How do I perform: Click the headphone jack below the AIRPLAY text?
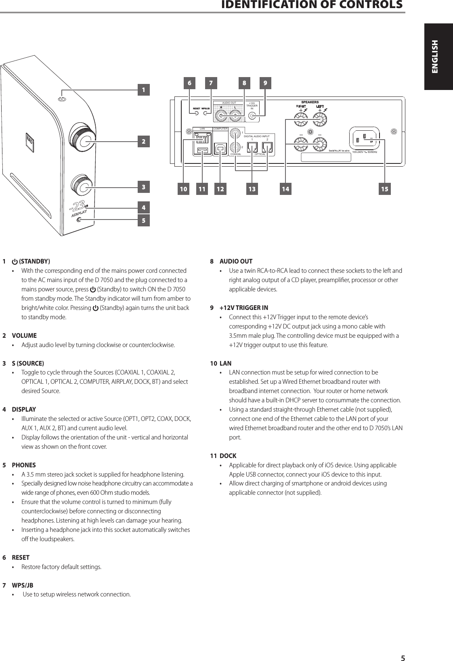(x=80, y=220)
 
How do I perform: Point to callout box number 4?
(x=143, y=208)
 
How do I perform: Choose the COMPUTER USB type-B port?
(x=220, y=148)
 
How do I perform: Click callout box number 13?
(x=252, y=188)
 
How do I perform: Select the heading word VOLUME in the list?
(x=24, y=335)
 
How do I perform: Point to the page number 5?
(x=402, y=656)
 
